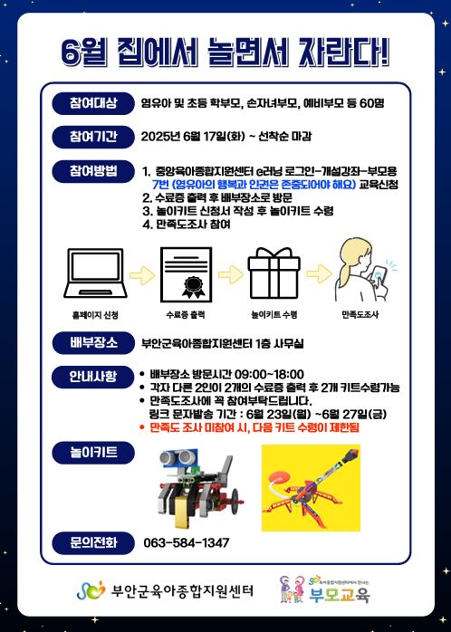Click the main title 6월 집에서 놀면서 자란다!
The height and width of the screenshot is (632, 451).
click(x=225, y=53)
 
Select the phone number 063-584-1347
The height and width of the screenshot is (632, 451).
click(x=186, y=542)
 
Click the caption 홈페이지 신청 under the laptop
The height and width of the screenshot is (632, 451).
click(x=94, y=315)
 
